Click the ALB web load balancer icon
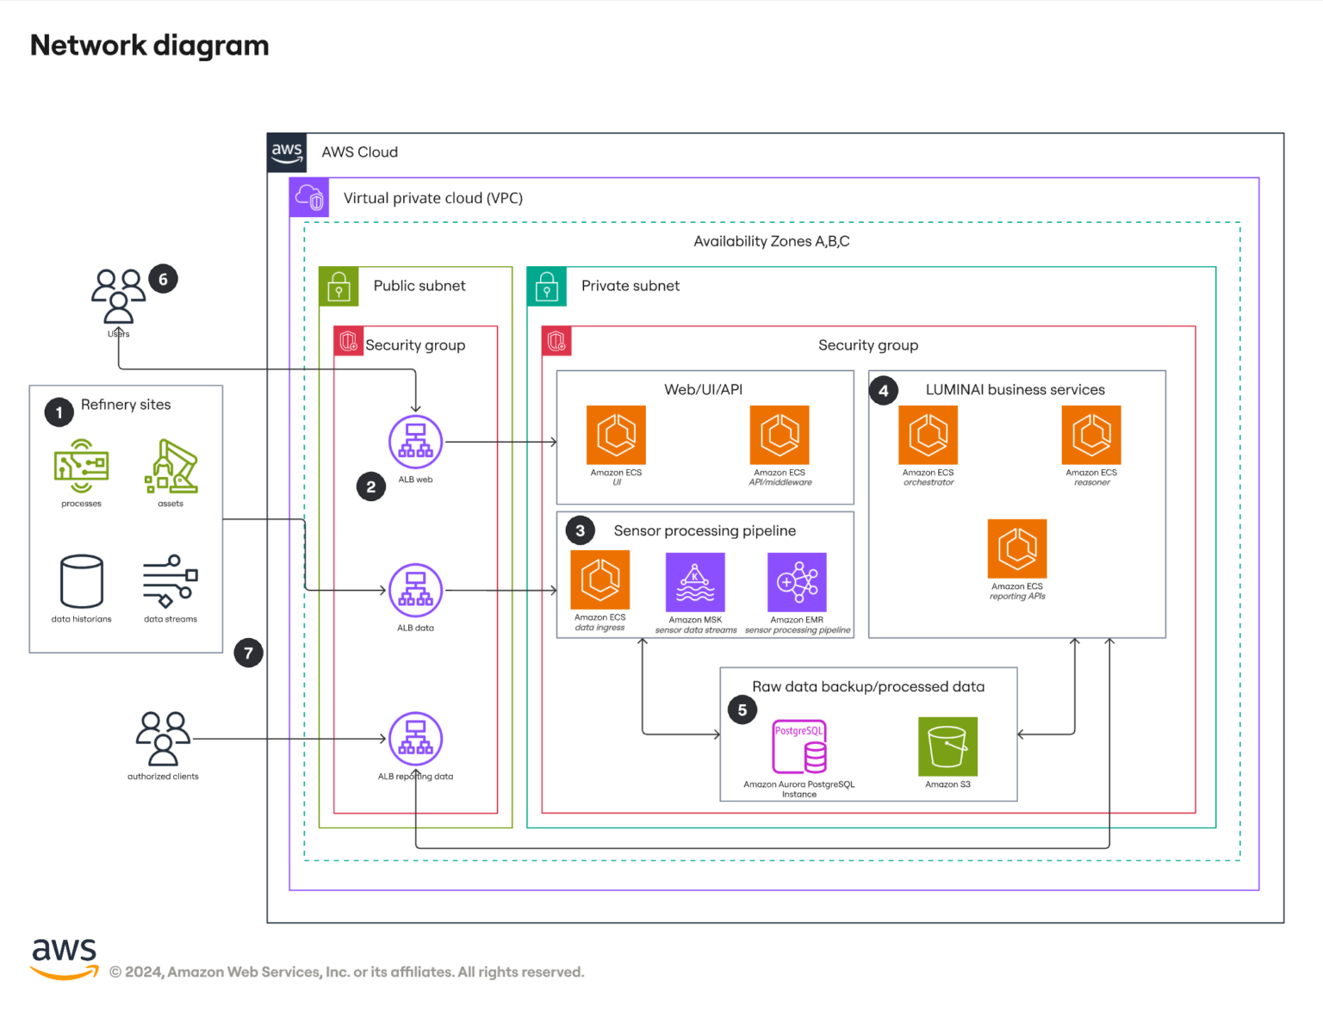(415, 442)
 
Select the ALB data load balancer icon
(415, 591)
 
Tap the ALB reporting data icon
(415, 739)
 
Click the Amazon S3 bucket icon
(947, 747)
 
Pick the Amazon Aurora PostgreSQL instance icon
(799, 747)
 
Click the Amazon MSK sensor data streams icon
(695, 582)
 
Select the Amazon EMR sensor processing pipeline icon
(797, 582)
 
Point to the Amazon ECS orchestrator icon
(928, 435)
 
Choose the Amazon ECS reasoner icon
(1091, 435)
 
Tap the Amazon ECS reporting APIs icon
(1017, 548)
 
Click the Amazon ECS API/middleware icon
(780, 435)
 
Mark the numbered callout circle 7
(248, 653)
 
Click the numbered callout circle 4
(883, 390)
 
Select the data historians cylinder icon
(82, 581)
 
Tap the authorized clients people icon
(163, 738)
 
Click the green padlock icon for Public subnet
(339, 287)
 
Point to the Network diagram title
(150, 45)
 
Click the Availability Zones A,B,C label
(771, 241)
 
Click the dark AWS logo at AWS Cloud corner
(287, 152)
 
